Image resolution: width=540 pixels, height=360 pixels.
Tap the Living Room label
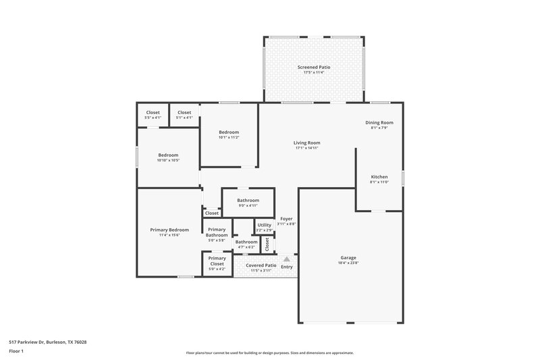[x=306, y=143]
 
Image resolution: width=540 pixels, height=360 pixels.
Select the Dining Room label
[x=379, y=122]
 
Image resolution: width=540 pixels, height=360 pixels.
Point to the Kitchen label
[x=379, y=176]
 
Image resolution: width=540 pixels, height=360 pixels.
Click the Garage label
[x=348, y=258]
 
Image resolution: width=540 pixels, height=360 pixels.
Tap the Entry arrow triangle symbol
[x=287, y=259]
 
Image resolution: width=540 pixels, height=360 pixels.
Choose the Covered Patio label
[x=261, y=265]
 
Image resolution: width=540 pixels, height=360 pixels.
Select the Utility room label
[x=264, y=225]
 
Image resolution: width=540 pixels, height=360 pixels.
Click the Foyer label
[x=287, y=219]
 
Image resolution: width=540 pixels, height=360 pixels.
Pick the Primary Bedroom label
[x=169, y=230]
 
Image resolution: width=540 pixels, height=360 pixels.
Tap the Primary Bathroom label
[x=217, y=232]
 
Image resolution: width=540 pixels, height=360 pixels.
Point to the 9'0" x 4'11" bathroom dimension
[x=248, y=205]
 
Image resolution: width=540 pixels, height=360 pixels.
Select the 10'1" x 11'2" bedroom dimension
[x=229, y=137]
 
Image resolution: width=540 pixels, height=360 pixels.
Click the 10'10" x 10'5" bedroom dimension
[x=168, y=160]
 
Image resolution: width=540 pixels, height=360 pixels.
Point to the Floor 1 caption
[x=16, y=352]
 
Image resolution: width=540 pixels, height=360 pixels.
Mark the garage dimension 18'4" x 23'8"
[x=348, y=263]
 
